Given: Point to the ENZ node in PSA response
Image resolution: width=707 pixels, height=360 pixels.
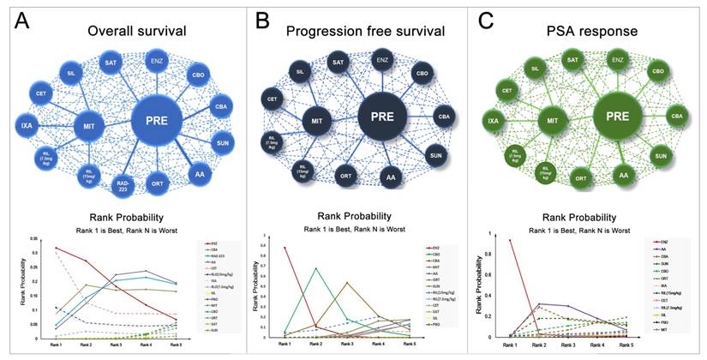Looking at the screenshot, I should [x=616, y=59].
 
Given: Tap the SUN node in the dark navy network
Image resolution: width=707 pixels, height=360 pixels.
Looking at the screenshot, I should [x=435, y=155].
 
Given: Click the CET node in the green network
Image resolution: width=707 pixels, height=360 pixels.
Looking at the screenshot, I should [x=506, y=91].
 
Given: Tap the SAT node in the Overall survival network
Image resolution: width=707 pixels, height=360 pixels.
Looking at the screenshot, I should [x=111, y=63].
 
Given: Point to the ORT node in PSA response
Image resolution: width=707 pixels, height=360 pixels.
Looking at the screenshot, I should [x=580, y=178].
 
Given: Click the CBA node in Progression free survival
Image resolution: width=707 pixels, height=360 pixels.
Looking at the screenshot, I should [x=444, y=116].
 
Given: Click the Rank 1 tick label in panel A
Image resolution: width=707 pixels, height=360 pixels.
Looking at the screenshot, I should [x=57, y=344].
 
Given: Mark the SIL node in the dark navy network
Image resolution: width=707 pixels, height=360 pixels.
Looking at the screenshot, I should [x=300, y=71].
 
